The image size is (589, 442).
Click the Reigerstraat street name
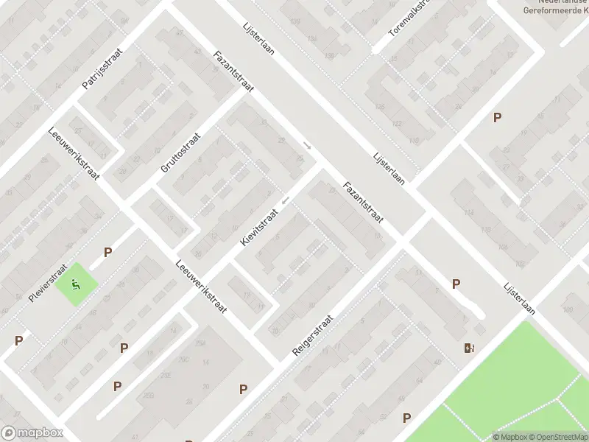coord(313,336)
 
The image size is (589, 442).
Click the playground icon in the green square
coord(75,283)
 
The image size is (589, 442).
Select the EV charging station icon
coord(469,348)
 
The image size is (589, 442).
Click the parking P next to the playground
coord(107,252)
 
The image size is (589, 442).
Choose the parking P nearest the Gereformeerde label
coord(498,117)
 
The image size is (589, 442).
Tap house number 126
coord(380,107)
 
